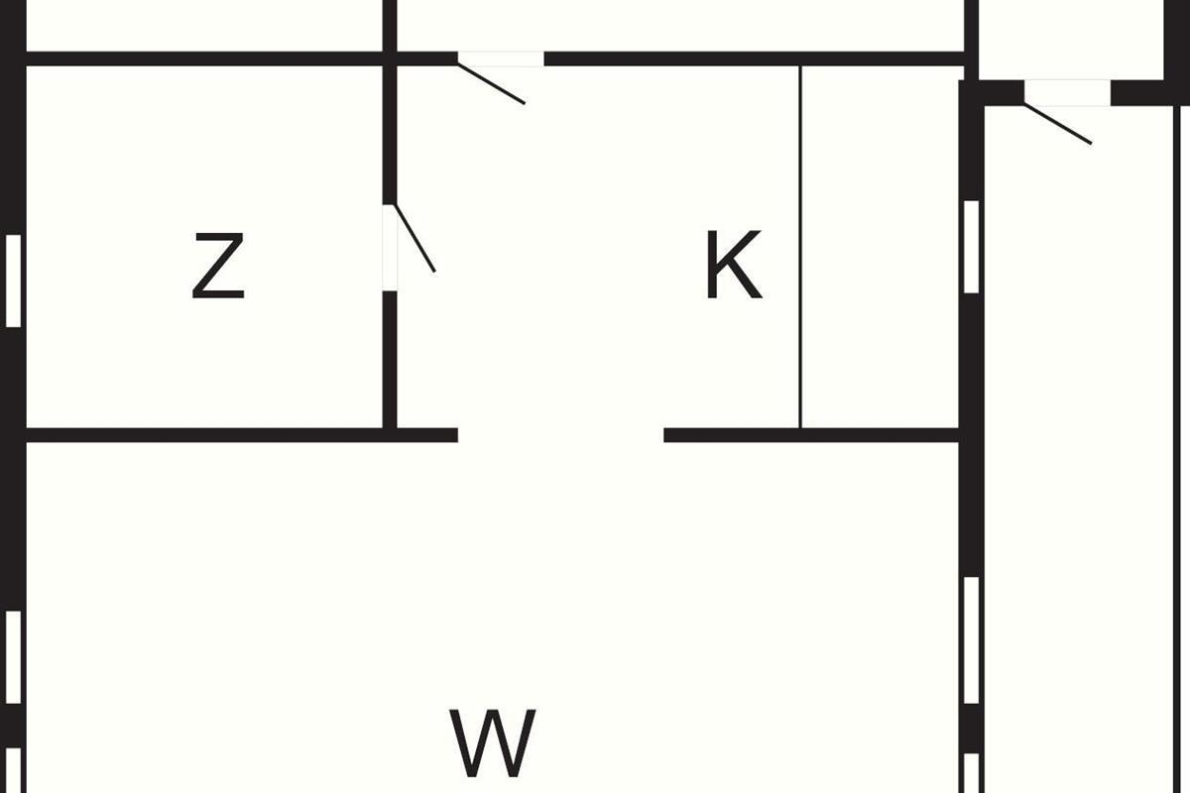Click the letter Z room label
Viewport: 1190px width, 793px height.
(x=218, y=266)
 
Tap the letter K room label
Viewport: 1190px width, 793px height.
(x=733, y=265)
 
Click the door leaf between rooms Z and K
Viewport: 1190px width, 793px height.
(x=416, y=238)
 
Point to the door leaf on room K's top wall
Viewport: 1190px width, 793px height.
(x=492, y=82)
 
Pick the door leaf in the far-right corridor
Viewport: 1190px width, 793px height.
(x=1058, y=124)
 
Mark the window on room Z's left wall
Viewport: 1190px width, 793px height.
(x=13, y=281)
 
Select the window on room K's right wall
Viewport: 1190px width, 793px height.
(x=971, y=247)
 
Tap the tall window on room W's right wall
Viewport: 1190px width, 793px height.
(x=971, y=640)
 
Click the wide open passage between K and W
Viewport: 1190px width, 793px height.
(x=560, y=435)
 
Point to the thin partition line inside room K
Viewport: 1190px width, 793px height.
(x=800, y=248)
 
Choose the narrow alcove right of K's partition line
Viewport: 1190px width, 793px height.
(x=880, y=248)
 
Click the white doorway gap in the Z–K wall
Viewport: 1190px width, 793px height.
(x=390, y=248)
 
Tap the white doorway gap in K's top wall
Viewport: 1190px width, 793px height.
(x=501, y=58)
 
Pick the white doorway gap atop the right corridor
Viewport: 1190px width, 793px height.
(x=1067, y=92)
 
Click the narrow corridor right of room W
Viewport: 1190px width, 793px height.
(x=1079, y=446)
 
